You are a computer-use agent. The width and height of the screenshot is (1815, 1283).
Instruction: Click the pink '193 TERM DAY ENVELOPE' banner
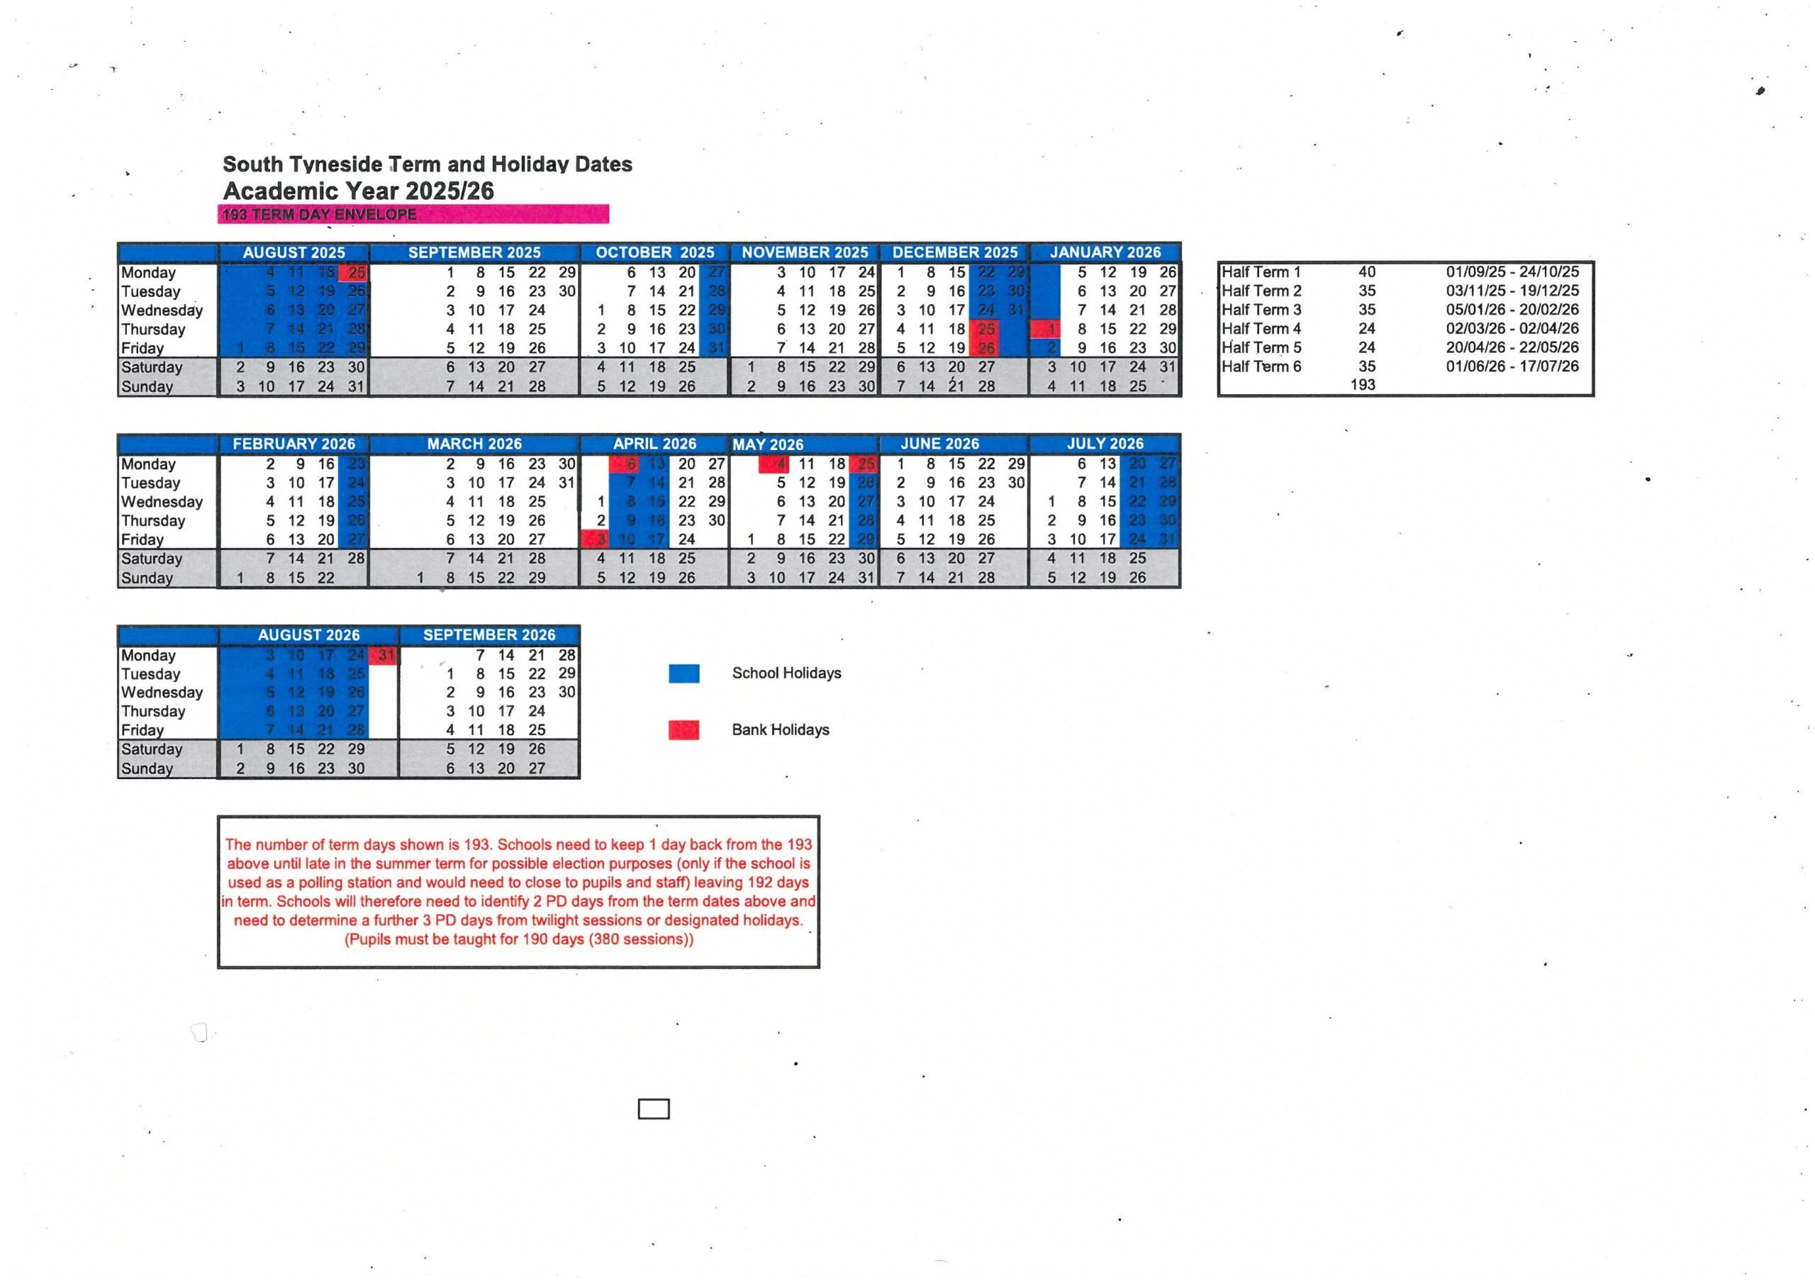413,214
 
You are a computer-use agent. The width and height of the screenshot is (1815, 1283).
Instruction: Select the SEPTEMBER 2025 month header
474,252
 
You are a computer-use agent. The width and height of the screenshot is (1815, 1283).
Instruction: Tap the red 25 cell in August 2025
353,273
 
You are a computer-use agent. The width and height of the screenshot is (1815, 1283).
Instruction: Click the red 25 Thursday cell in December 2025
985,329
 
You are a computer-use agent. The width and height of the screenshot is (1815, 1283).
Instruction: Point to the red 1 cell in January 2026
1045,329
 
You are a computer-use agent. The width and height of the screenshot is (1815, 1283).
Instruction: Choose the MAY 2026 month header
768,444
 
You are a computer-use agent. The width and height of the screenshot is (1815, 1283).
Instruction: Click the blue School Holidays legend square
683,673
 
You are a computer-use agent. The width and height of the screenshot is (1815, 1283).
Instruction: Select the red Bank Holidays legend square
683,729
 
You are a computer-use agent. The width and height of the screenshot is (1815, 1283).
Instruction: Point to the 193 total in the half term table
1363,385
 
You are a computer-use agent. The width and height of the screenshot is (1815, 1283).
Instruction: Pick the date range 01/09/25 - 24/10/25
1512,272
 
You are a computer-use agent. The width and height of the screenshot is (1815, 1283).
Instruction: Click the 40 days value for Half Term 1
1367,272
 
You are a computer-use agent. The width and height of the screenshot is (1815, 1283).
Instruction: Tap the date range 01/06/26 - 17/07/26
1512,366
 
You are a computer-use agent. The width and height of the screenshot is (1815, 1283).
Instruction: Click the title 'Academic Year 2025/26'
358,191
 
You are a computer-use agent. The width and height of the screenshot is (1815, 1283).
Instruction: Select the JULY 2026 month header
1105,444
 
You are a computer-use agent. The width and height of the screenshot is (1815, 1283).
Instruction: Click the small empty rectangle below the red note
654,1109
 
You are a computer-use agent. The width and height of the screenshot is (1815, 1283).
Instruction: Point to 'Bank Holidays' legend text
780,729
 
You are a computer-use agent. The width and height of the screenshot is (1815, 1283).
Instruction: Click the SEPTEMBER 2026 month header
489,635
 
